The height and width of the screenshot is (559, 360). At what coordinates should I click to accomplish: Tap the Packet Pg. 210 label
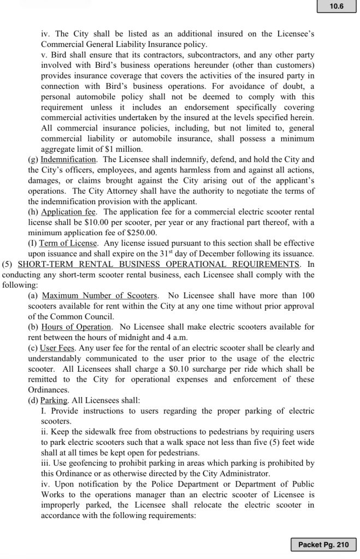point(324,544)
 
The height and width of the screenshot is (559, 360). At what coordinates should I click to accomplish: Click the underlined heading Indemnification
point(69,160)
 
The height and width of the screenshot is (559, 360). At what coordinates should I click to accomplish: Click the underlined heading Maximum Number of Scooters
point(100,295)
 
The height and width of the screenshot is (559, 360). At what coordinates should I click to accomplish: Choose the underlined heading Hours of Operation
point(76,326)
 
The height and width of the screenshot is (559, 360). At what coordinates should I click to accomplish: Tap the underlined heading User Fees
point(58,347)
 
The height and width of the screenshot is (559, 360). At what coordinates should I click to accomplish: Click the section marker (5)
point(9,264)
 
